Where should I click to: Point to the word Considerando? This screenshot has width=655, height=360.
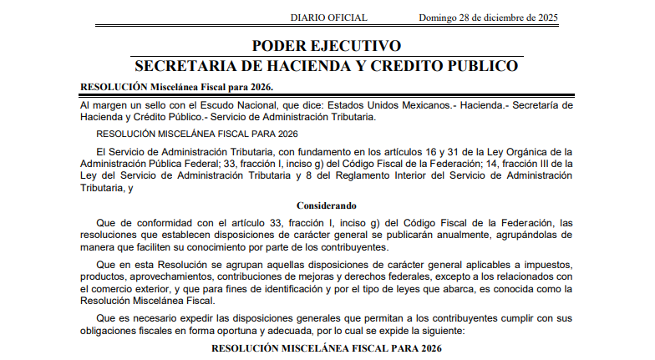click(x=327, y=205)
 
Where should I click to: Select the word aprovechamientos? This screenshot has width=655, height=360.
click(x=167, y=276)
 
